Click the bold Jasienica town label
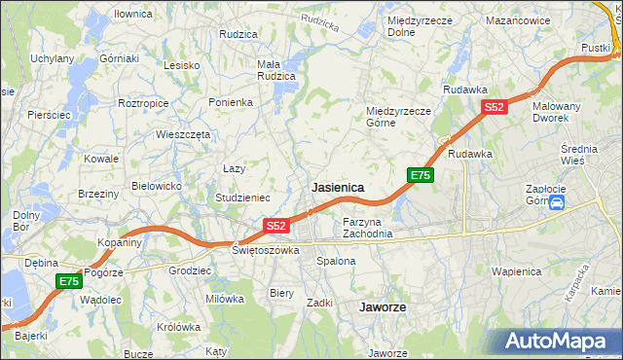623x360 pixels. point(338,187)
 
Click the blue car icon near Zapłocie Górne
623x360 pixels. point(557,203)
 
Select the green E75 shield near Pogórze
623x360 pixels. point(68,281)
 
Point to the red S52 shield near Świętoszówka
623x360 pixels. point(276,226)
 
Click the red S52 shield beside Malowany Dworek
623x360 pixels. point(495,108)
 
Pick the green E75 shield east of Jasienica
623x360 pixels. point(421,175)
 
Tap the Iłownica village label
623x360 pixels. point(133,14)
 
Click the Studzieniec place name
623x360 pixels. point(243,198)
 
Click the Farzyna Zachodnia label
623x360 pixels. point(368,228)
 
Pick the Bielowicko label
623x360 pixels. point(157,185)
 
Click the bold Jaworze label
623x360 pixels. point(383,306)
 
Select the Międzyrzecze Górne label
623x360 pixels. point(398,117)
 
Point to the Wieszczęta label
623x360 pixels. point(183,135)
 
